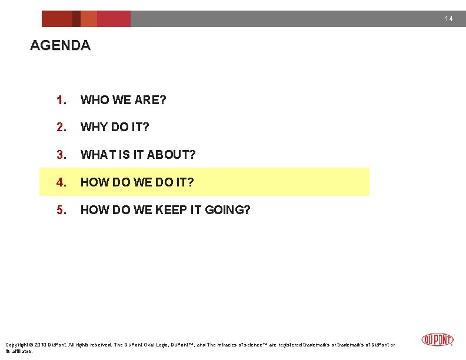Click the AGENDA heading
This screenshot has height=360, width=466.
point(60,45)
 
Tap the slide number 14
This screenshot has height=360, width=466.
point(449,19)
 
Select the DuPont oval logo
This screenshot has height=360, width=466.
point(438,340)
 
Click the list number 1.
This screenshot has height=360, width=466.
point(61,100)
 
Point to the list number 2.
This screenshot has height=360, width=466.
point(61,127)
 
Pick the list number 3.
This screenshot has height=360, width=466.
point(61,155)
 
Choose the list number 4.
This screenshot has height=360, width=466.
point(61,182)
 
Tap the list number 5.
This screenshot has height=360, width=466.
point(61,210)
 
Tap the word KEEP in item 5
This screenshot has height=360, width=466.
point(171,210)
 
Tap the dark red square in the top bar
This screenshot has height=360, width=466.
point(76,19)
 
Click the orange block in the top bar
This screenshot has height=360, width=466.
point(89,19)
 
